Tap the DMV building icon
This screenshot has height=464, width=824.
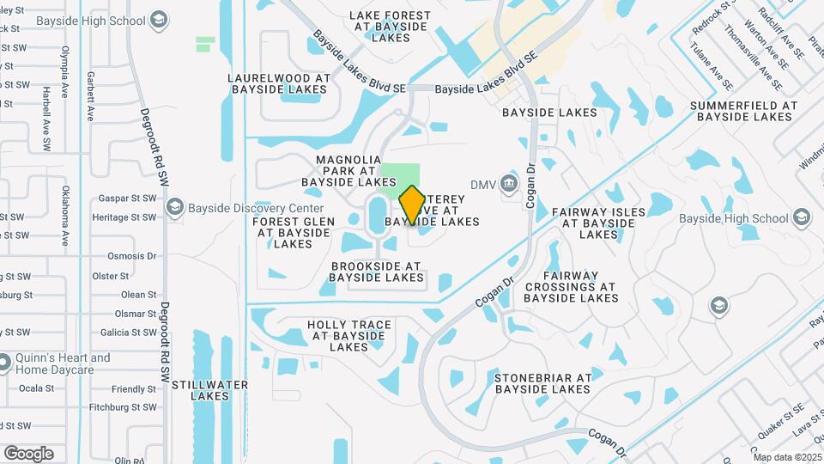[x=509, y=183]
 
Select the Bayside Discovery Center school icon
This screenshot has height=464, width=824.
[x=175, y=208]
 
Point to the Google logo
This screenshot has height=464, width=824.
[x=28, y=454]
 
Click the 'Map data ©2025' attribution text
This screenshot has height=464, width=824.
[x=787, y=457]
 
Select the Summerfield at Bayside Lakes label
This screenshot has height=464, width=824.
[x=743, y=111]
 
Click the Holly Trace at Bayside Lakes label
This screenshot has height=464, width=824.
[x=349, y=336]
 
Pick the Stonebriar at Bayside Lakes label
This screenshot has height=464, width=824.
[x=542, y=383]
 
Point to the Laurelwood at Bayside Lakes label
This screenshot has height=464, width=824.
[x=279, y=83]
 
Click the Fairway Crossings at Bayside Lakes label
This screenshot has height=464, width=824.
[x=571, y=286]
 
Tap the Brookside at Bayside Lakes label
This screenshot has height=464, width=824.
[x=376, y=272]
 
